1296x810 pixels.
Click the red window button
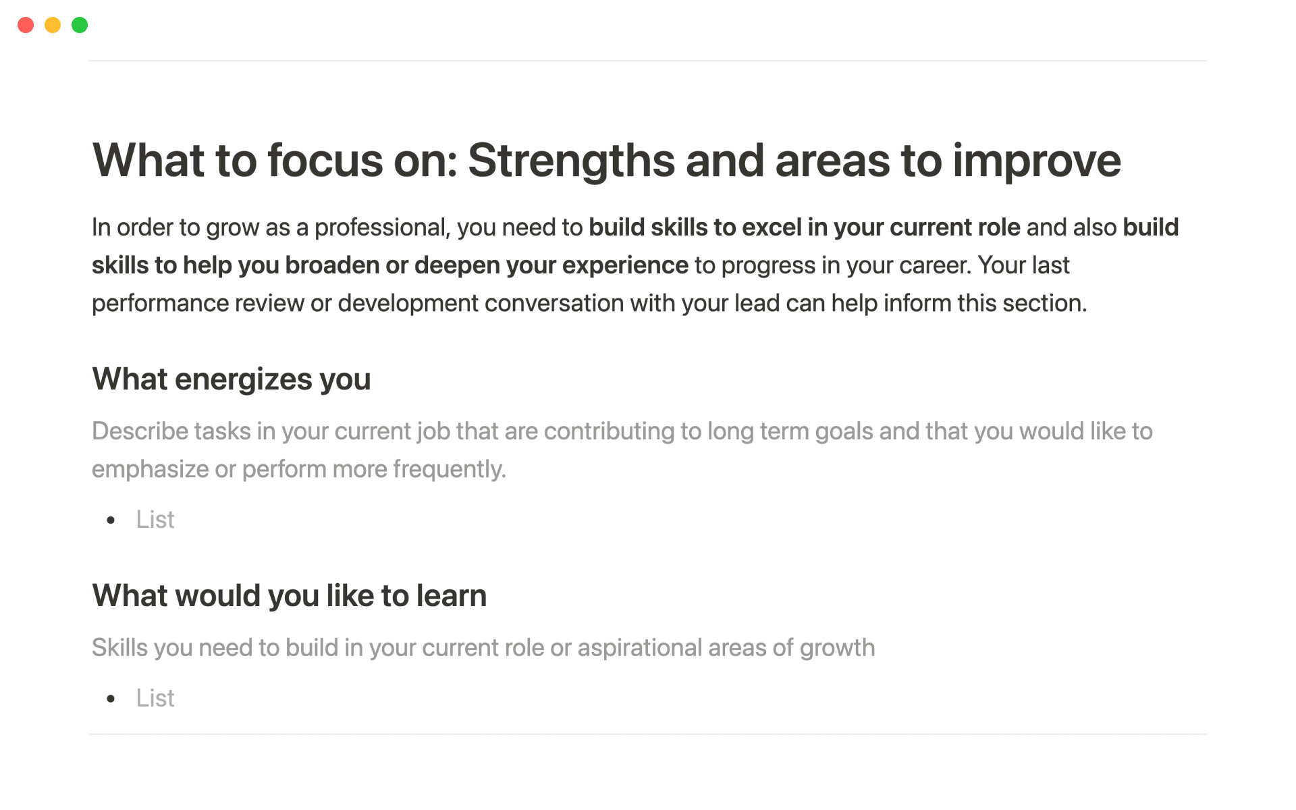pyautogui.click(x=26, y=25)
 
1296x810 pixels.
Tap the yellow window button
pyautogui.click(x=53, y=25)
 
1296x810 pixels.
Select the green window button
pyautogui.click(x=80, y=25)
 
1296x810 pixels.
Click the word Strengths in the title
pyautogui.click(x=571, y=162)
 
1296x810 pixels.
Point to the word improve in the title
pyautogui.click(x=1037, y=162)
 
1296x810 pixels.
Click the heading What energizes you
pyautogui.click(x=232, y=379)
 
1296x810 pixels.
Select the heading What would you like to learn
pyautogui.click(x=290, y=596)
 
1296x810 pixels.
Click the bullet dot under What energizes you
pyautogui.click(x=111, y=520)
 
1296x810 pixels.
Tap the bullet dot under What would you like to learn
pyautogui.click(x=111, y=699)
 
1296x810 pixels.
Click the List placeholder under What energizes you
pyautogui.click(x=155, y=520)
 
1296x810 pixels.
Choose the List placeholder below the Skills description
pyautogui.click(x=155, y=698)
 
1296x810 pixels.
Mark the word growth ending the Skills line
pyautogui.click(x=837, y=648)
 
